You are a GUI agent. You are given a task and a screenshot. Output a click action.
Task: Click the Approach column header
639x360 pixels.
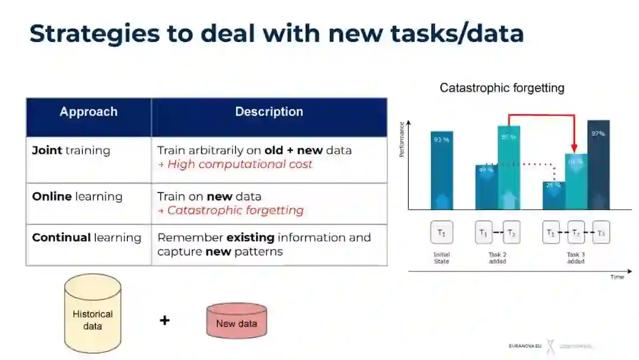coord(89,112)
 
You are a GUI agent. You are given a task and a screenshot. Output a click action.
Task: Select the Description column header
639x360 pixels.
coord(269,112)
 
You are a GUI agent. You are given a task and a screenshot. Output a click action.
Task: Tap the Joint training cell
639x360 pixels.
coord(71,150)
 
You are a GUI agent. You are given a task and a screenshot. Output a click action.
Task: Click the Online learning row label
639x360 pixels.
coord(77,197)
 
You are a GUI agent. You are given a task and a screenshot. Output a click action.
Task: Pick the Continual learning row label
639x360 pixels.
coord(86,238)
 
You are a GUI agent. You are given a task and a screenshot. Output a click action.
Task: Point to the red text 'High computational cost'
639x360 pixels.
coord(240,165)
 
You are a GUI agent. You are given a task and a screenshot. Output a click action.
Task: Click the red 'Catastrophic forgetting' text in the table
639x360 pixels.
coord(235,211)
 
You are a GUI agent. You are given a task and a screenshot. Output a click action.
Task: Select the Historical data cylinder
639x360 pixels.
coord(92,313)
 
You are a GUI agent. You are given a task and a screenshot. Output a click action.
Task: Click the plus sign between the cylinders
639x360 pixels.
coord(164,320)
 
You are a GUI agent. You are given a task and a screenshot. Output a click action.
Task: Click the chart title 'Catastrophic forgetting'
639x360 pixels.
coord(502,88)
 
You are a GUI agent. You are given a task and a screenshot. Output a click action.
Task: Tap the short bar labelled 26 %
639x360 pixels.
coord(554,195)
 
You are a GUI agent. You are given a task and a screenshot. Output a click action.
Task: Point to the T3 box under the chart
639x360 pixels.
coord(601,233)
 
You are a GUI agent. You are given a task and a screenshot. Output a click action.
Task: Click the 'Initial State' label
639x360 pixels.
coord(441,258)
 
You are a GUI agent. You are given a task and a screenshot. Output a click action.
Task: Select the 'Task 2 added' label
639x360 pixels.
coord(498,258)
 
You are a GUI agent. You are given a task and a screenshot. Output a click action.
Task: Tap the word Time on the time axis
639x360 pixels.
coord(617,277)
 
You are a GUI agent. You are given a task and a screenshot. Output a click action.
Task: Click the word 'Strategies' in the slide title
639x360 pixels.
coord(95,34)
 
